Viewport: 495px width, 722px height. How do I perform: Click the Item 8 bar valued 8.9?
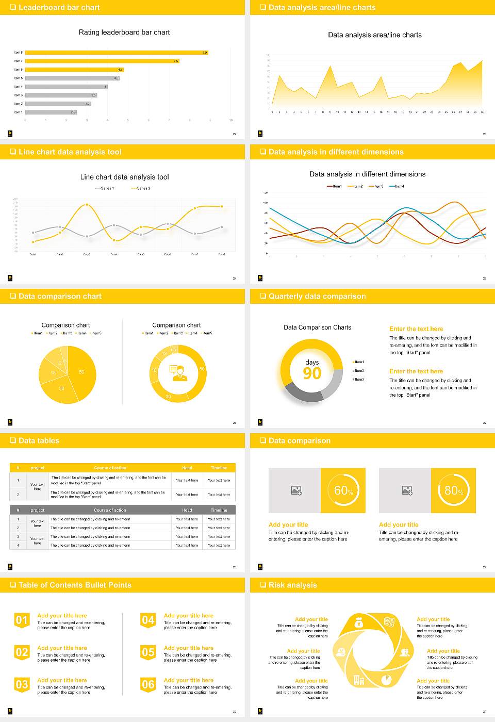point(116,53)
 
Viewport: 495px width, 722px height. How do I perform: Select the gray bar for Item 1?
point(51,112)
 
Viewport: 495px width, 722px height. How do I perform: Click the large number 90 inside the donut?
point(312,373)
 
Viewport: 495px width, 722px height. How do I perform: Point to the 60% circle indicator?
point(343,490)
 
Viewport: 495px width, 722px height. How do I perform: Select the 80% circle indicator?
point(454,490)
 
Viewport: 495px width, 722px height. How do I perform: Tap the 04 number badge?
point(148,620)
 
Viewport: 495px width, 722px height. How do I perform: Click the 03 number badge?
point(22,685)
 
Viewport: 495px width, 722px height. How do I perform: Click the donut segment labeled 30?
point(168,396)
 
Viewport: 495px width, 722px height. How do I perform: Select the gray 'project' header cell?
point(38,510)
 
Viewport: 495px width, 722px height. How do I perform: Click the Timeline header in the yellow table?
point(219,468)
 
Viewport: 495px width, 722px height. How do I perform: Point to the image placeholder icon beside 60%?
point(296,490)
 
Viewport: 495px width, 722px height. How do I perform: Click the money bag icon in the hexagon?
point(359,623)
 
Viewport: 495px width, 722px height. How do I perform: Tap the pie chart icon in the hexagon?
point(386,680)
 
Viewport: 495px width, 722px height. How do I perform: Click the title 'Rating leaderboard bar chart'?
point(124,32)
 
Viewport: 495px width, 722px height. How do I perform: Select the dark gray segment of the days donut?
point(304,393)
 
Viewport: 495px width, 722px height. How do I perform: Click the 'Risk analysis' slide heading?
point(292,585)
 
